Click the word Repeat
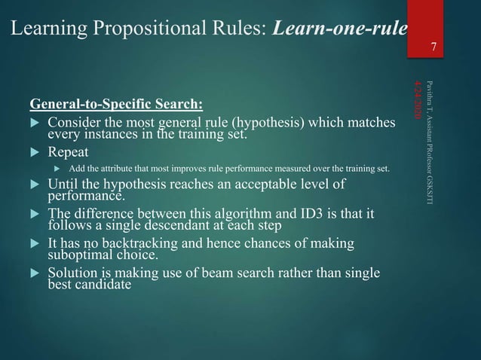tap(68, 151)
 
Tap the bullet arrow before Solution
tap(33, 273)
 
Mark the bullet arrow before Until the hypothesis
tap(33, 187)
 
